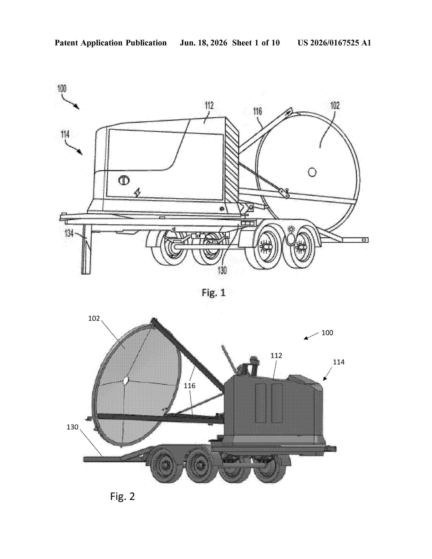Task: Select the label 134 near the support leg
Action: (x=69, y=233)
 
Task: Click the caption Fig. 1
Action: (x=214, y=293)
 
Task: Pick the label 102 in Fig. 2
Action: (x=94, y=318)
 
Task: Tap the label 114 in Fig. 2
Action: (x=339, y=362)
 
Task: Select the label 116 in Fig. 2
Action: (x=189, y=386)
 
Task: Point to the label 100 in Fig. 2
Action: (x=327, y=333)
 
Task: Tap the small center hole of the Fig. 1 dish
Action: (x=312, y=172)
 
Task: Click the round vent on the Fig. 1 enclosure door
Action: (x=124, y=180)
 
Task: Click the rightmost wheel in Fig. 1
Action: (x=299, y=247)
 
